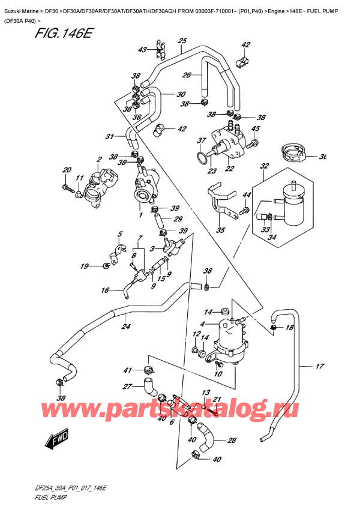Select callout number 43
coord(142,50)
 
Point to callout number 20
coord(67,170)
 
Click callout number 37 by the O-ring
coord(201,141)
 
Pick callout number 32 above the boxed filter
coord(265,166)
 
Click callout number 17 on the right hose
coord(319,366)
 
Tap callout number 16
coord(105,291)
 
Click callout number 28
coord(233,440)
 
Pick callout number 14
coord(208,312)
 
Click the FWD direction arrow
coord(55,442)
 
